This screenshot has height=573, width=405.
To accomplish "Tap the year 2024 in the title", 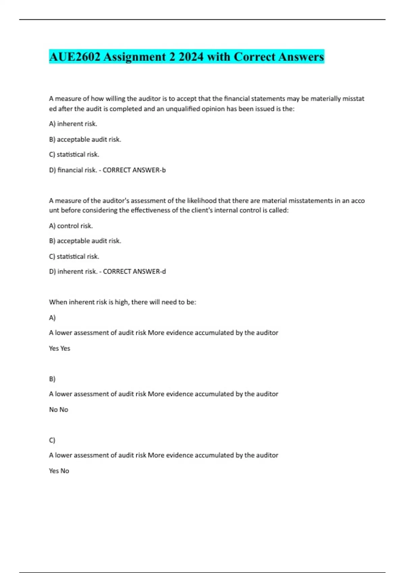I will pyautogui.click(x=191, y=57).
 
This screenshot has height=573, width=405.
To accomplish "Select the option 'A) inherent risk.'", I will pyautogui.click(x=73, y=124).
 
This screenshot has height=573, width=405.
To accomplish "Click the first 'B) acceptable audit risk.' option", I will pyautogui.click(x=85, y=140).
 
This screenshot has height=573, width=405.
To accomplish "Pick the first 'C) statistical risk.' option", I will pyautogui.click(x=74, y=155).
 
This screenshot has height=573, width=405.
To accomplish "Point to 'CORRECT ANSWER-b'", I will pyautogui.click(x=134, y=170).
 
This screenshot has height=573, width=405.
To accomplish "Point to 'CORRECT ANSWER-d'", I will pyautogui.click(x=134, y=272).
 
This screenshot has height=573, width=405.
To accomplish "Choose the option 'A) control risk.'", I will pyautogui.click(x=71, y=226).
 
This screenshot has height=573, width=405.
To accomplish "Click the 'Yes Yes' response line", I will pyautogui.click(x=59, y=349).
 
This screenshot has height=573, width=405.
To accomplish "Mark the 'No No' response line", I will pyautogui.click(x=59, y=410).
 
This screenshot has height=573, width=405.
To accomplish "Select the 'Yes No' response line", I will pyautogui.click(x=59, y=471).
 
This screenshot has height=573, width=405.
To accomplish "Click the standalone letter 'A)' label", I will pyautogui.click(x=52, y=318).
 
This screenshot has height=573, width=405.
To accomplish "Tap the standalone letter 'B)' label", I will pyautogui.click(x=52, y=379).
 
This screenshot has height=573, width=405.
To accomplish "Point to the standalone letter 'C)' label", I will pyautogui.click(x=52, y=441).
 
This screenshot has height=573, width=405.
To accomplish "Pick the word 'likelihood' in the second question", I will pyautogui.click(x=201, y=201).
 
